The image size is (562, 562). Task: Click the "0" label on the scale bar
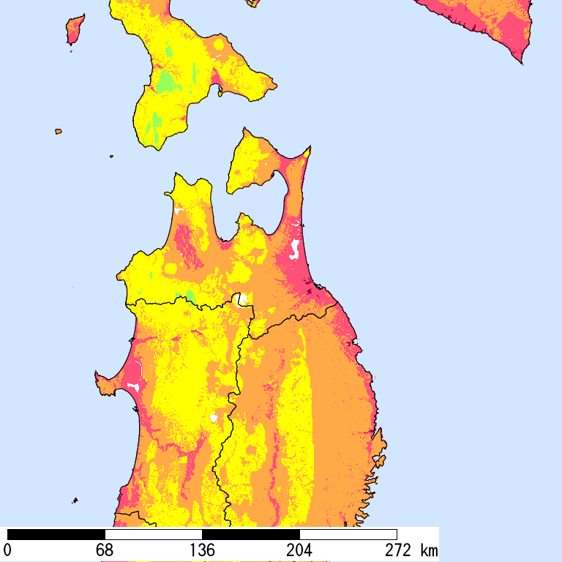[x=8, y=550]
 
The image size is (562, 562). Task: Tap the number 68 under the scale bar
[x=105, y=550]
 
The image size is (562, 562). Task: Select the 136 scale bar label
[x=202, y=550]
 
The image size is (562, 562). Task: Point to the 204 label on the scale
[x=299, y=550]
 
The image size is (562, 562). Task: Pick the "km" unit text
[x=429, y=550]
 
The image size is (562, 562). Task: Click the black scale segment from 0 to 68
[x=56, y=534]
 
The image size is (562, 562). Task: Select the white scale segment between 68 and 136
[x=154, y=534]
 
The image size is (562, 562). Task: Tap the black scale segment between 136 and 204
[x=251, y=534]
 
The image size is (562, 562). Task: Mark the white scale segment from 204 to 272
[x=348, y=534]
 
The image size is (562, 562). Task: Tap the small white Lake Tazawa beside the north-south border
[x=214, y=418]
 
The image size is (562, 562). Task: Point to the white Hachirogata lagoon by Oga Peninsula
[x=133, y=385]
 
